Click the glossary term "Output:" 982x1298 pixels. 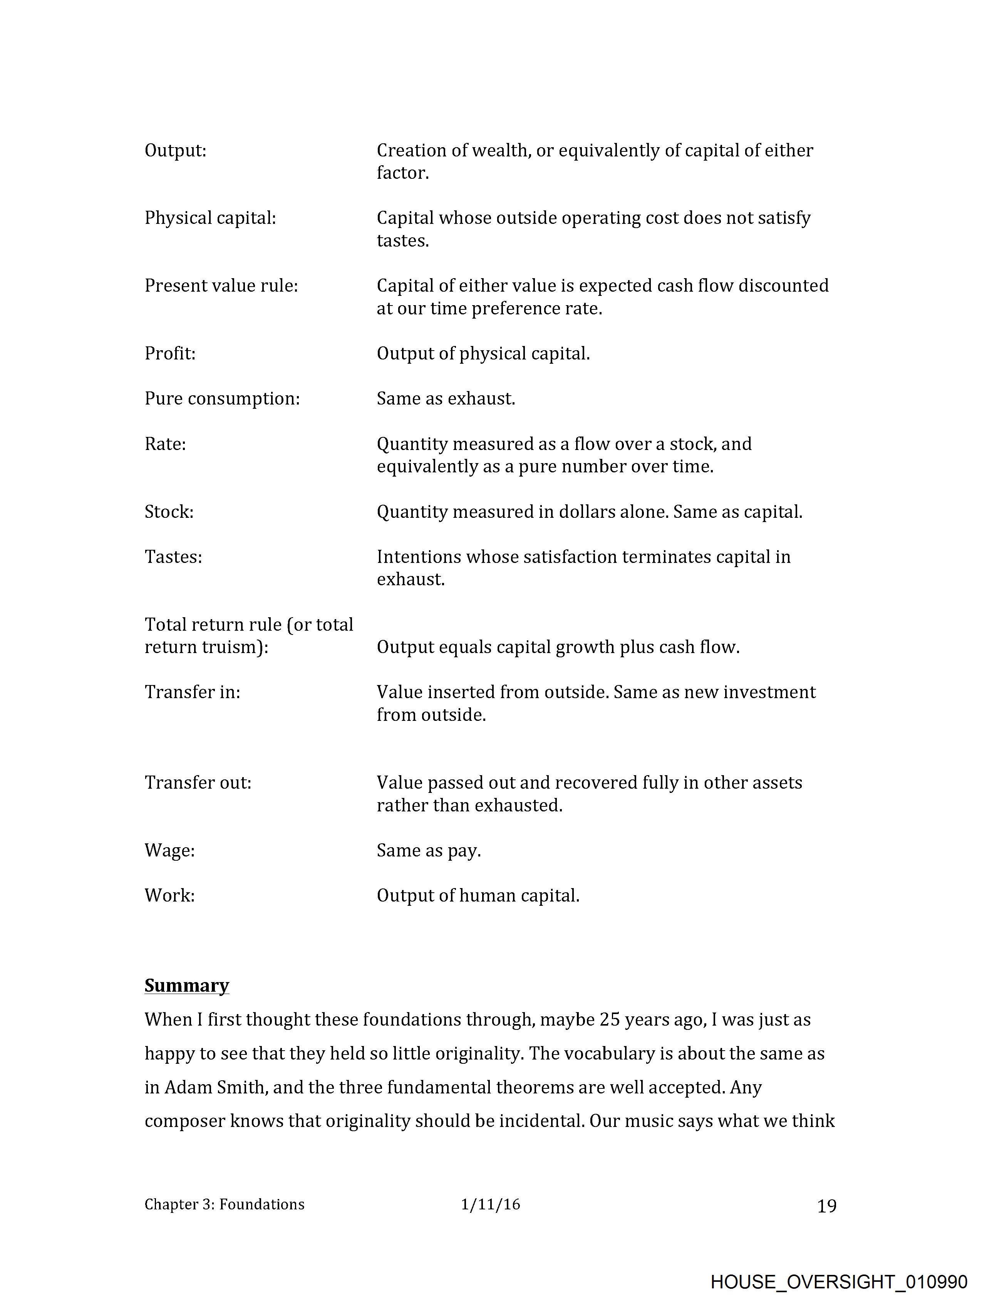pos(175,151)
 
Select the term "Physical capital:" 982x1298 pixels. pos(210,218)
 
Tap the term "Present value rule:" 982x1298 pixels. pos(221,286)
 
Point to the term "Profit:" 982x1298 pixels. pos(170,354)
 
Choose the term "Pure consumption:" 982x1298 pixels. pos(222,399)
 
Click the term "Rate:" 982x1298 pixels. pos(165,444)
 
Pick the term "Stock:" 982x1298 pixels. pos(169,512)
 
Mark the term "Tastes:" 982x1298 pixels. pos(173,557)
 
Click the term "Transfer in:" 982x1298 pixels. pos(193,692)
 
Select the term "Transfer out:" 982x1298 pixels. pos(198,783)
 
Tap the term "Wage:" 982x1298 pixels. pos(169,851)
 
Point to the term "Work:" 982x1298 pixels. pos(169,896)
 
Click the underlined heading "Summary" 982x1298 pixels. pos(186,986)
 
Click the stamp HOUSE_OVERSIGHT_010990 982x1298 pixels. pos(839,1282)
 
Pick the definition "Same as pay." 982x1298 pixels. pos(429,851)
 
